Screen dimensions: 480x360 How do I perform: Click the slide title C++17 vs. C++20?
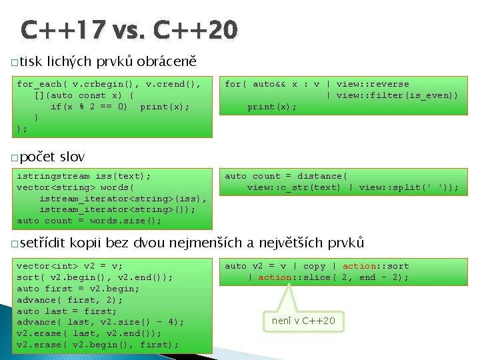(x=129, y=30)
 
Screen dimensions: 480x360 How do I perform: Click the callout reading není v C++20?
(x=303, y=321)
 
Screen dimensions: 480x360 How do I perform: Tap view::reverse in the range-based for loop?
(x=373, y=84)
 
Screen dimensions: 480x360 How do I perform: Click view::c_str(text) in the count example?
(x=293, y=187)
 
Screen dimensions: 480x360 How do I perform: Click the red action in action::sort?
(x=360, y=266)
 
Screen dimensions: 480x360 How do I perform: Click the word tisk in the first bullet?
(x=31, y=61)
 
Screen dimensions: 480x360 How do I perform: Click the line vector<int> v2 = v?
(x=69, y=266)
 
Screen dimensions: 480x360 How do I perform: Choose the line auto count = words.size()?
(x=89, y=221)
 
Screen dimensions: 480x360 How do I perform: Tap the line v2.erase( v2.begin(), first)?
(x=97, y=345)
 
